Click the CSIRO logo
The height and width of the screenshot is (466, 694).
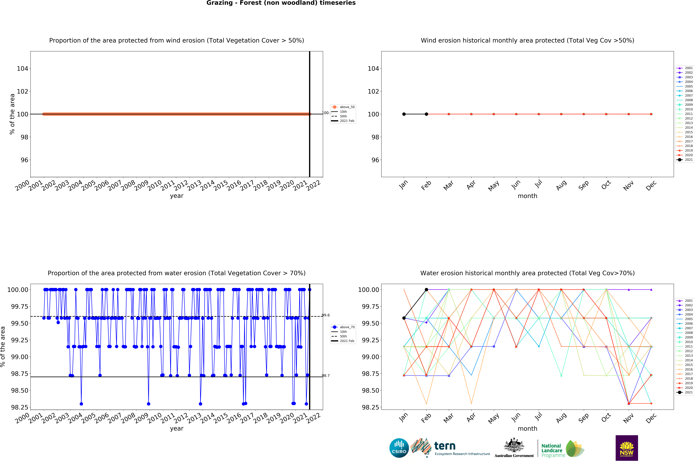[x=399, y=448]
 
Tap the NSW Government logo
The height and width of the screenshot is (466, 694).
[x=626, y=448]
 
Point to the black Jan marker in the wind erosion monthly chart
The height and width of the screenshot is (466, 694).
[x=404, y=114]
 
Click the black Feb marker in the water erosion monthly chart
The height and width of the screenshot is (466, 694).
[x=426, y=289]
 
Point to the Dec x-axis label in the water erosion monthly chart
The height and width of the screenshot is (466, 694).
[x=651, y=418]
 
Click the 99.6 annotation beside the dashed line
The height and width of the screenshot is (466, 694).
[x=326, y=315]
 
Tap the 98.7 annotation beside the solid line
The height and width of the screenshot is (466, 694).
[x=326, y=376]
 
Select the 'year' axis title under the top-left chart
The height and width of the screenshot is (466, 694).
[x=177, y=196]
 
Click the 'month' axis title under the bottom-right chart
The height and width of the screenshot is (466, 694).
[x=527, y=429]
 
